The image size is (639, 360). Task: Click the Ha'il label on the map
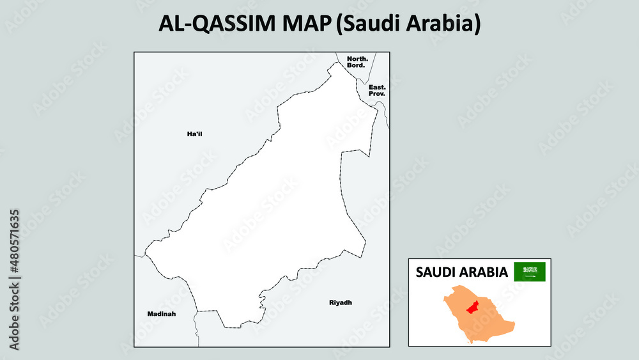(x=194, y=134)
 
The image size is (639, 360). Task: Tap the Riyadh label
(x=340, y=302)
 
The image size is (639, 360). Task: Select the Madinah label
(x=161, y=314)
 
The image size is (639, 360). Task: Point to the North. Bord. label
(x=356, y=62)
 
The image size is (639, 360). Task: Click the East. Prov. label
(x=377, y=90)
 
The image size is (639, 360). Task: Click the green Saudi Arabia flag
(x=530, y=272)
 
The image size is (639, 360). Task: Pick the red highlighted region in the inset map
(x=473, y=308)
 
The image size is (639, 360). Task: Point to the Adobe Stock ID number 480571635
(x=14, y=243)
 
